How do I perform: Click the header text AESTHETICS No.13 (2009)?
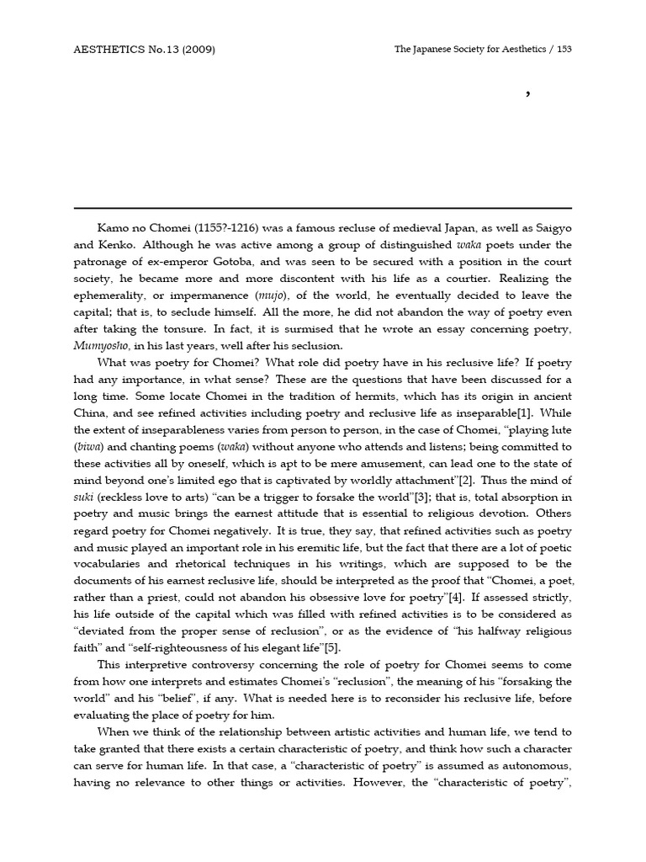145,50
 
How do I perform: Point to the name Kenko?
121,245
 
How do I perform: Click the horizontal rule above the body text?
322,208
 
